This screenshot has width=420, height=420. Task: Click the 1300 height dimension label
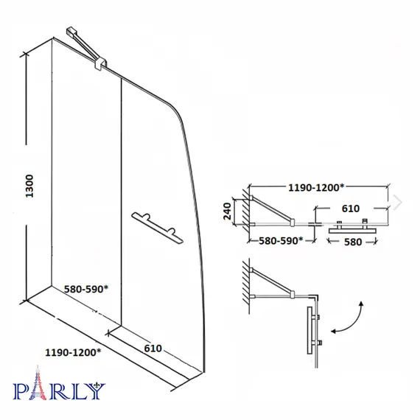tap(29, 186)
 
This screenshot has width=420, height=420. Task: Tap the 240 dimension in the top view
tap(227, 211)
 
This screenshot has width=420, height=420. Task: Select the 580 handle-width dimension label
tap(353, 242)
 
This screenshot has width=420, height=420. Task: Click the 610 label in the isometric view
tap(153, 349)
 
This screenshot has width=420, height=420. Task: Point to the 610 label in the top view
tap(350, 209)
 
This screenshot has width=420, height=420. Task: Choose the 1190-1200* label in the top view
tap(316, 187)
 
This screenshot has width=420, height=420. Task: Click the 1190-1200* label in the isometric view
tap(73, 352)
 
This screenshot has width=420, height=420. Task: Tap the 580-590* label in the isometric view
tap(86, 289)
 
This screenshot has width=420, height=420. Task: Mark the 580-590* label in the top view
tap(281, 240)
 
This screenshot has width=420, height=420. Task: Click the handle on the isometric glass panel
tap(157, 228)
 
